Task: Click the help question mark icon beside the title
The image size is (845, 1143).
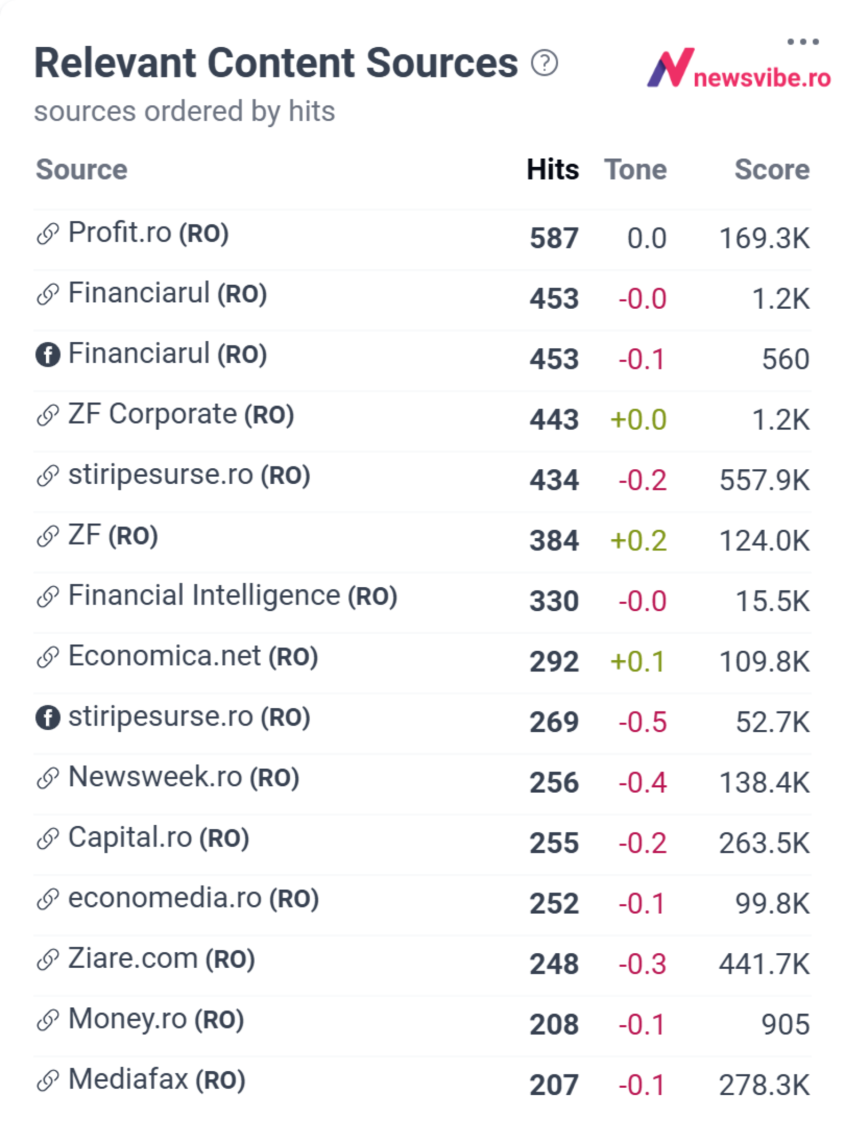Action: pos(544,63)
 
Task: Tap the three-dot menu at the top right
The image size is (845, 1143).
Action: pos(803,42)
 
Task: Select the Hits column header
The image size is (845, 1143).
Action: pos(553,169)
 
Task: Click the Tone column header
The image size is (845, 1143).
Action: pos(635,169)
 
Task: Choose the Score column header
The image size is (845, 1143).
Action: pos(772,169)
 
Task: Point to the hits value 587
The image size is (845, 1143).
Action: pos(554,238)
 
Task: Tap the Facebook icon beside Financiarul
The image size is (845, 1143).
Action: pos(48,354)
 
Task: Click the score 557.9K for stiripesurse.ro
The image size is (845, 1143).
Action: pos(764,480)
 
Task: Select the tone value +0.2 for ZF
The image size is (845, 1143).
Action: pos(638,540)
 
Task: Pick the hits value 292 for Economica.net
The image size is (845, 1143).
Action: pos(554,661)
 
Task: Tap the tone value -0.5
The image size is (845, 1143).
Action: pos(642,722)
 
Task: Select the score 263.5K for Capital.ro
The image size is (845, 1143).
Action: pos(764,843)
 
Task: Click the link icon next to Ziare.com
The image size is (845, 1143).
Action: pos(48,959)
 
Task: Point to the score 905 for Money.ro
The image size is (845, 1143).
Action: pos(785,1024)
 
